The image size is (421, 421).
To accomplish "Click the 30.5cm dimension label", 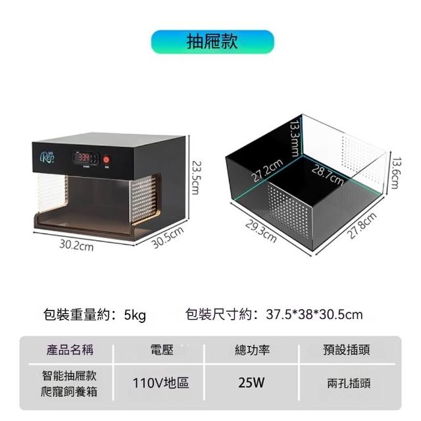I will [x=167, y=237].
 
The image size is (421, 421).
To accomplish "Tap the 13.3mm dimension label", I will [x=295, y=137].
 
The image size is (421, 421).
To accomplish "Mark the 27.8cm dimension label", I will [x=362, y=226].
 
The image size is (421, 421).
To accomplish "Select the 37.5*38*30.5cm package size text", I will [x=314, y=314].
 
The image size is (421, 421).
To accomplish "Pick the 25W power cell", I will [x=252, y=383].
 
